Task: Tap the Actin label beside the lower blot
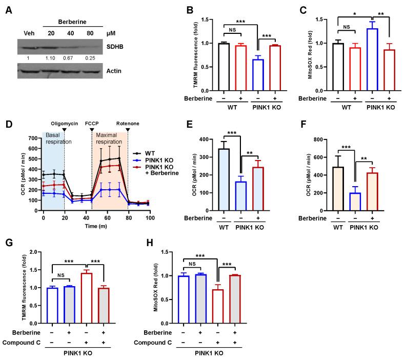(x=116, y=70)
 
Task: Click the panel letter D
(x=6, y=124)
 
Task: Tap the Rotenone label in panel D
(x=128, y=124)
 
